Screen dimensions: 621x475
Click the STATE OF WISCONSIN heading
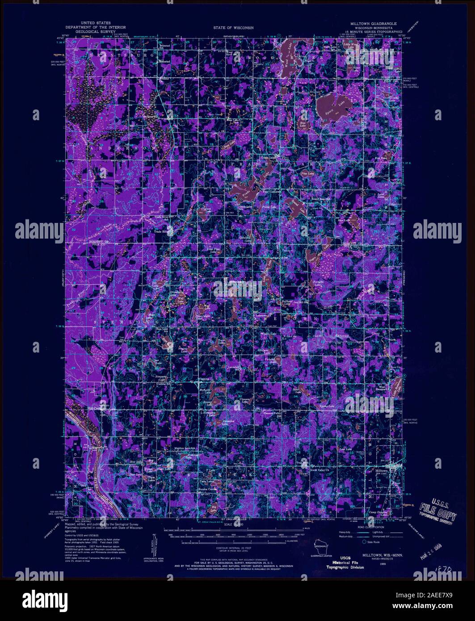pyautogui.click(x=233, y=27)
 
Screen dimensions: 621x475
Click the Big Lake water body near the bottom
pyautogui.click(x=217, y=508)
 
